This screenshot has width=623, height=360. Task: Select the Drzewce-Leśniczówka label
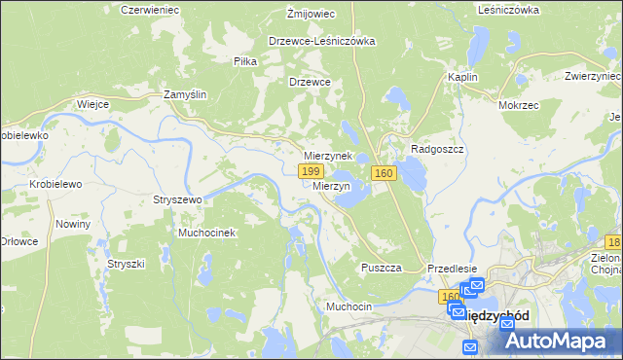click(x=322, y=42)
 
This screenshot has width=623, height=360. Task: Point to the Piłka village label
click(x=245, y=61)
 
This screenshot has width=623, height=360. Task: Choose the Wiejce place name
click(x=92, y=103)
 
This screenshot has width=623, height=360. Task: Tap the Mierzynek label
click(x=327, y=156)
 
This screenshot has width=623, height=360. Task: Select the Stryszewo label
click(x=176, y=199)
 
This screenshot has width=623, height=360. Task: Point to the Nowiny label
click(x=73, y=224)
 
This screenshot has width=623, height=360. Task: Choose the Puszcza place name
click(x=382, y=268)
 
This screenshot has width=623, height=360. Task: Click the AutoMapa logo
click(x=558, y=341)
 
